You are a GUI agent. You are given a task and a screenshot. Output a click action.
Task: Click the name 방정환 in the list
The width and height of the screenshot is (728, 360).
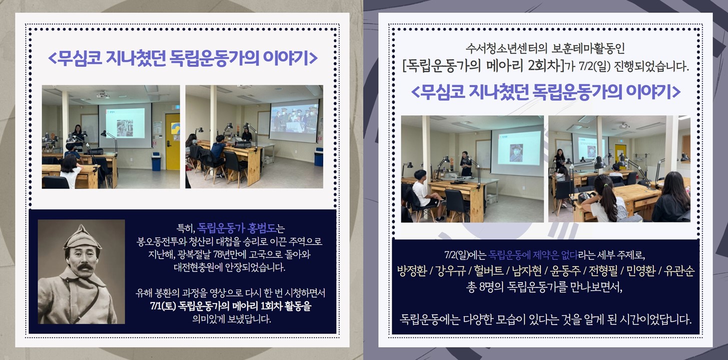412,271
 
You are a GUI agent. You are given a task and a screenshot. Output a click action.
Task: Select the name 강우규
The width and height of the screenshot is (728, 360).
451,271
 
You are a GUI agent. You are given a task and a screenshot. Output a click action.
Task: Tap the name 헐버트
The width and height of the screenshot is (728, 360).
489,271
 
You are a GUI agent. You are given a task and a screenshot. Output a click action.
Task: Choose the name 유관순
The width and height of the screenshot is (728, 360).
679,271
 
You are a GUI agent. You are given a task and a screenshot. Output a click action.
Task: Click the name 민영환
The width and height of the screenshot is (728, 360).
640,271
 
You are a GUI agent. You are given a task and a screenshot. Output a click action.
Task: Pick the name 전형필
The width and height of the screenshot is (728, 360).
603,271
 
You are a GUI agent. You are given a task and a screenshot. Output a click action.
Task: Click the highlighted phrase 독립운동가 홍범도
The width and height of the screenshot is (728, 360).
236,228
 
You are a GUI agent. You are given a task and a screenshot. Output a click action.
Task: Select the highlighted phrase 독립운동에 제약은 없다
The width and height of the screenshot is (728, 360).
533,255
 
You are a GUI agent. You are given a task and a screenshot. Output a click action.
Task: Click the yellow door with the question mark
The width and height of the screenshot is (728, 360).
173,141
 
